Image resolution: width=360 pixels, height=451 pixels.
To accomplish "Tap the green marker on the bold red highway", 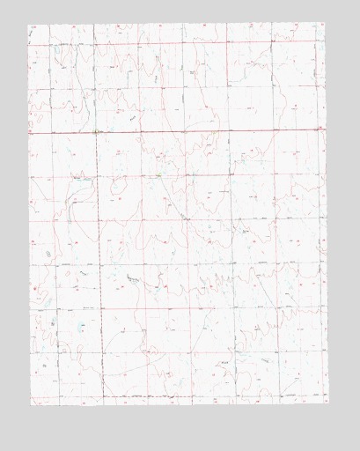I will [x=95, y=132].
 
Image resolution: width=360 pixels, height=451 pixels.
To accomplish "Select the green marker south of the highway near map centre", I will [x=158, y=175].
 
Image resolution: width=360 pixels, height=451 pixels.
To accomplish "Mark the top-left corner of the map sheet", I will [x=29, y=24].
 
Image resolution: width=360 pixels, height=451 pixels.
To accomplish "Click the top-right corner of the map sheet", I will [x=326, y=24].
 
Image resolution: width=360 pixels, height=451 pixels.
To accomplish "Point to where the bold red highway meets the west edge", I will [x=29, y=132].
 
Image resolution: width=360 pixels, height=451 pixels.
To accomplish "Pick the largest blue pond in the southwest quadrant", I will [x=81, y=325].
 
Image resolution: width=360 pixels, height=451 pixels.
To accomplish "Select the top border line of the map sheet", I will [x=176, y=24].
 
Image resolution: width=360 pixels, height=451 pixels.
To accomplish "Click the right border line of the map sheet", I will [x=326, y=220].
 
